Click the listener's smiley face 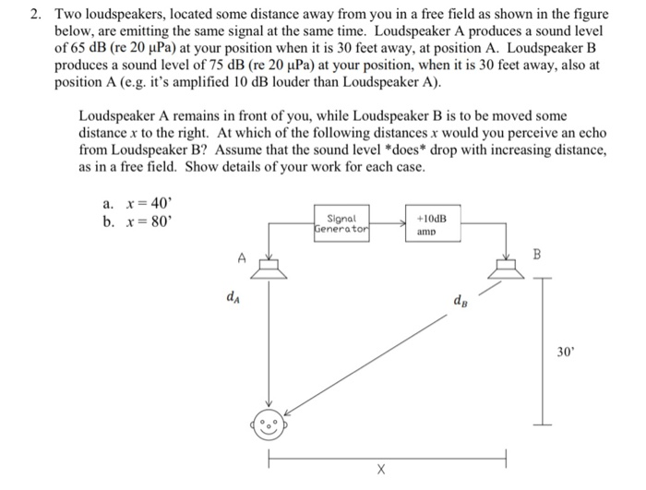(x=269, y=425)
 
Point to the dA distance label (x=231, y=297)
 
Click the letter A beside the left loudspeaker (x=241, y=259)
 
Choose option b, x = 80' (x=138, y=222)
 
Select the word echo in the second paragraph (x=591, y=134)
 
